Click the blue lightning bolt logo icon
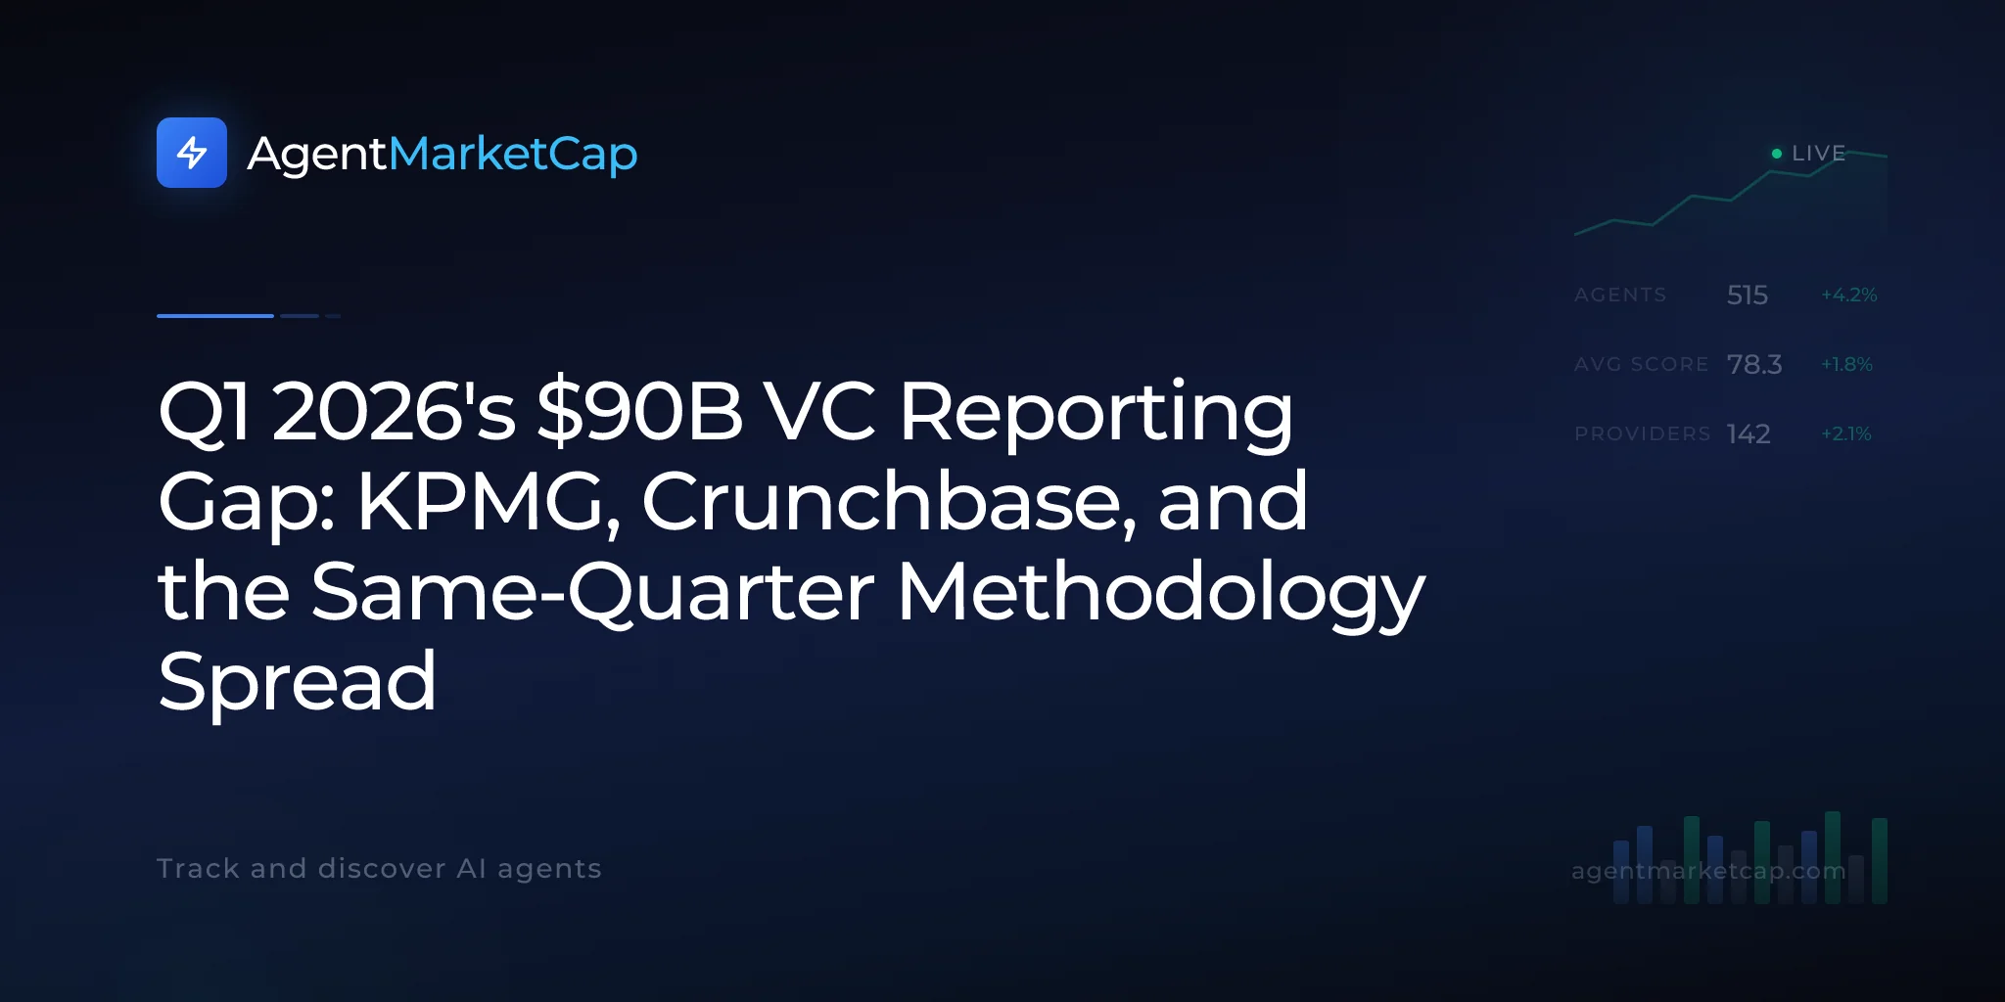(x=192, y=153)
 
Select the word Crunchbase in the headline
(x=889, y=501)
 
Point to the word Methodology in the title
(x=1161, y=592)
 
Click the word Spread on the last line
(x=297, y=682)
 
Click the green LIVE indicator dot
(x=1777, y=154)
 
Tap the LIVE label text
(x=1819, y=154)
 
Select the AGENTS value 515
(x=1748, y=295)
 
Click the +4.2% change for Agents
(x=1849, y=295)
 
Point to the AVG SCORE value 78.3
(x=1754, y=364)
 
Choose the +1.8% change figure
(x=1846, y=364)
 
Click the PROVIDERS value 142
(x=1749, y=433)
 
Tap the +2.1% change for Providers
(x=1846, y=433)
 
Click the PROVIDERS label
(x=1643, y=433)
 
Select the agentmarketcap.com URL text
(x=1708, y=871)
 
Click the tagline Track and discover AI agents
(x=379, y=869)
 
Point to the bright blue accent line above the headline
(x=215, y=316)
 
